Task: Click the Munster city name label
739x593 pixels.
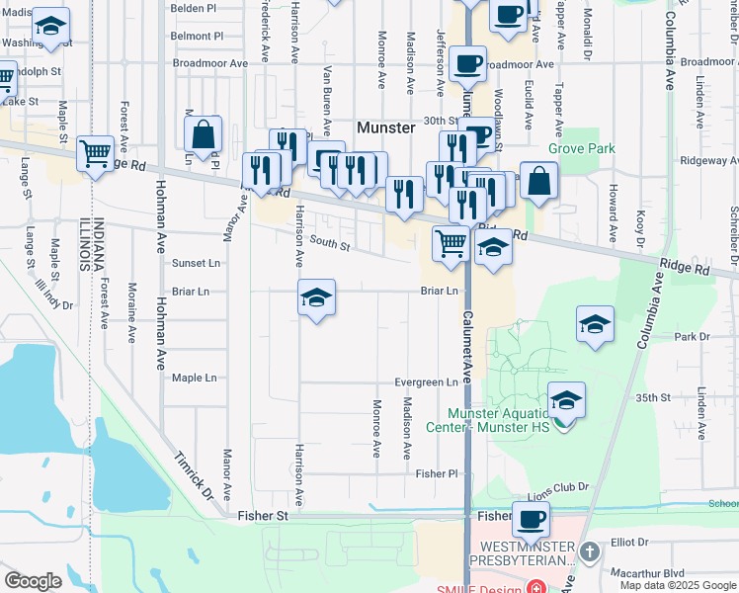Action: [384, 127]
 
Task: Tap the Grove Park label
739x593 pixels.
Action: [582, 149]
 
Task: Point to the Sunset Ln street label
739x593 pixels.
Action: [196, 264]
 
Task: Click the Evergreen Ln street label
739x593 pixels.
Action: [426, 382]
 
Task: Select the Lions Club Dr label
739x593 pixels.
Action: [557, 487]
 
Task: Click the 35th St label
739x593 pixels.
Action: [653, 397]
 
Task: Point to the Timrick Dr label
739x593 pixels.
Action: [195, 475]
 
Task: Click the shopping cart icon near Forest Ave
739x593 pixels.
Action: [95, 153]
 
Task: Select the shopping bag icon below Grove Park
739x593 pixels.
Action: [539, 181]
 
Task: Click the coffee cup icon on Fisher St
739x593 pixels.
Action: [530, 518]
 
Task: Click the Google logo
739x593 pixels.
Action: [33, 581]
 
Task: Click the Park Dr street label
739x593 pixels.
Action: [692, 337]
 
